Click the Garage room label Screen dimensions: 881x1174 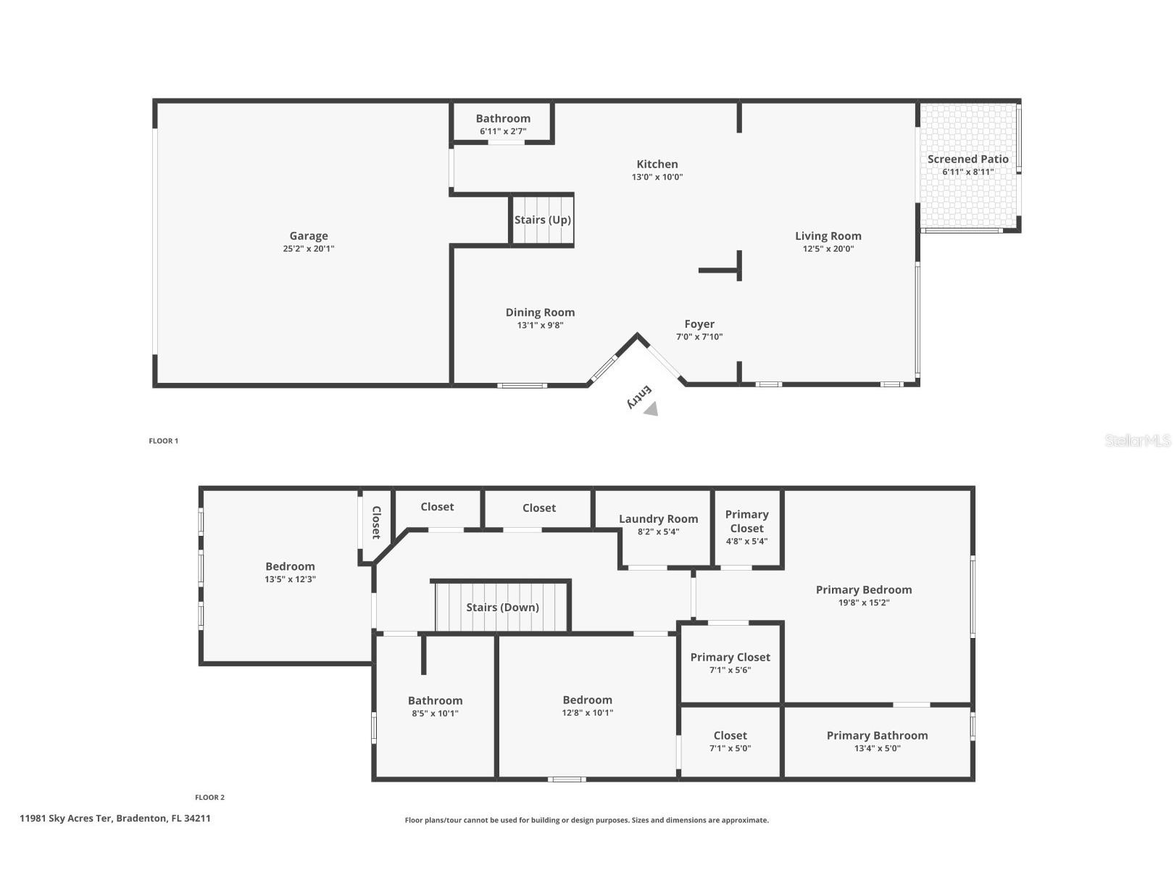point(309,236)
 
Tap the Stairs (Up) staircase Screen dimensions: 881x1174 point(543,220)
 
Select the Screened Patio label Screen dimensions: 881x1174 point(967,160)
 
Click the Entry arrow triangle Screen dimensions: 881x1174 point(651,410)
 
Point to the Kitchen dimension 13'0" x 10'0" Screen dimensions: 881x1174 point(657,177)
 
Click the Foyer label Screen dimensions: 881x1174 point(699,324)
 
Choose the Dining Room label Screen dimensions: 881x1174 point(540,313)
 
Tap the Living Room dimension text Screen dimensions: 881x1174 point(828,249)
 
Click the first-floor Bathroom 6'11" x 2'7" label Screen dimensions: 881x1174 point(503,119)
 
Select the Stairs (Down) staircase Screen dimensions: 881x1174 point(502,608)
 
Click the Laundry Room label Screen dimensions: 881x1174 point(658,519)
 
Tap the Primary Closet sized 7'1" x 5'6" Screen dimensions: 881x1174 point(730,658)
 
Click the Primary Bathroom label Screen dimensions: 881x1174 point(877,736)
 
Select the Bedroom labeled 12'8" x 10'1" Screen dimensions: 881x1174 point(587,700)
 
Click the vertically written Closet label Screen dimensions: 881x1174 point(376,522)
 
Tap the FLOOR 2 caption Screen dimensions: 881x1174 point(209,798)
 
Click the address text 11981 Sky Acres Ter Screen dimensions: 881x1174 point(115,818)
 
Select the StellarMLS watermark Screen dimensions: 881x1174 point(1137,440)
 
